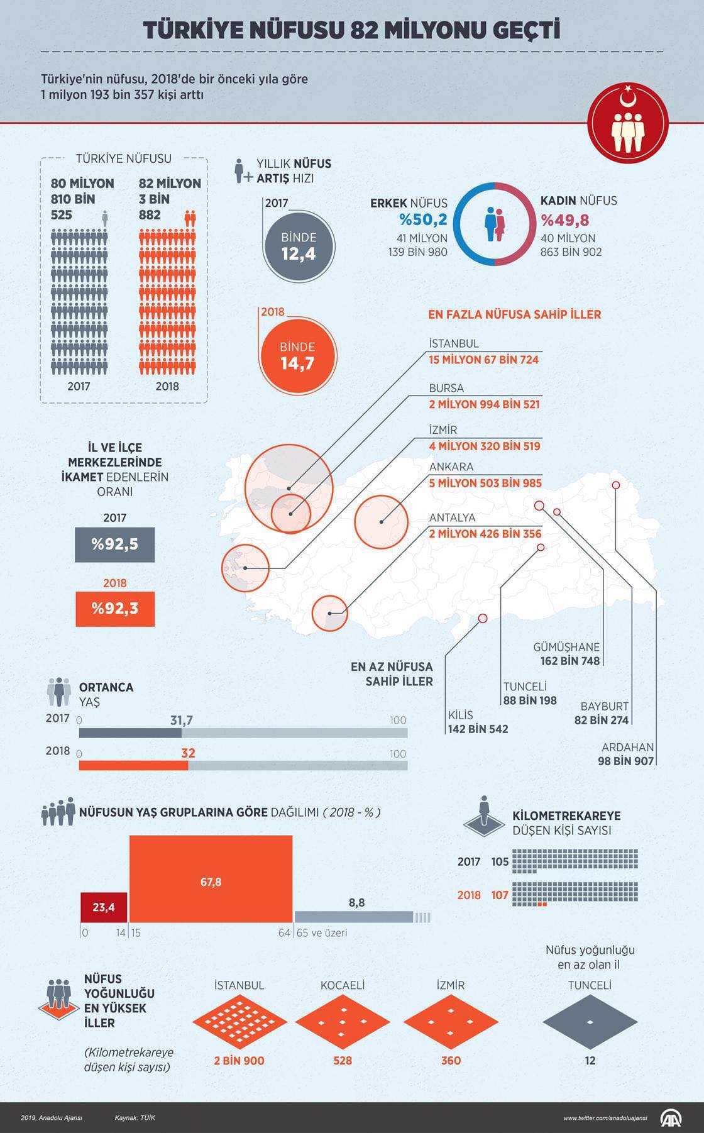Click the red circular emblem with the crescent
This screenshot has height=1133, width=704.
pos(627,123)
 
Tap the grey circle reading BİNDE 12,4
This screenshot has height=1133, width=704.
pos(299,246)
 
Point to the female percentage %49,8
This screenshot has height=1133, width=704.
pos(564,220)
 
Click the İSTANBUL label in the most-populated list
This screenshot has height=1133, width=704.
pos(454,343)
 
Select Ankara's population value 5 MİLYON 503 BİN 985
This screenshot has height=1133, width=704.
pos(485,484)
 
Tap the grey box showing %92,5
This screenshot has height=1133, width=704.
pos(115,544)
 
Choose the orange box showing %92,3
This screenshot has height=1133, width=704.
pos(115,609)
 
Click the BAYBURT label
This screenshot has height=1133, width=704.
pos(604,706)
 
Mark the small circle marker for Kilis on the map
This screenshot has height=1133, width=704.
pos(483,618)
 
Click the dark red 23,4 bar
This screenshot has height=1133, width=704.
pos(104,907)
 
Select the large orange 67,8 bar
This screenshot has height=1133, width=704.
pos(211,879)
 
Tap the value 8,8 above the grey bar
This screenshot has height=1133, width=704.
pos(356,902)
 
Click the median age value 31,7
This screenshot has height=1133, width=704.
pos(182,720)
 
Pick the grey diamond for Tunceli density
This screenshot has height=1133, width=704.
pos(590,1022)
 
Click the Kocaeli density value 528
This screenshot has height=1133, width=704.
pos(343,1061)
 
